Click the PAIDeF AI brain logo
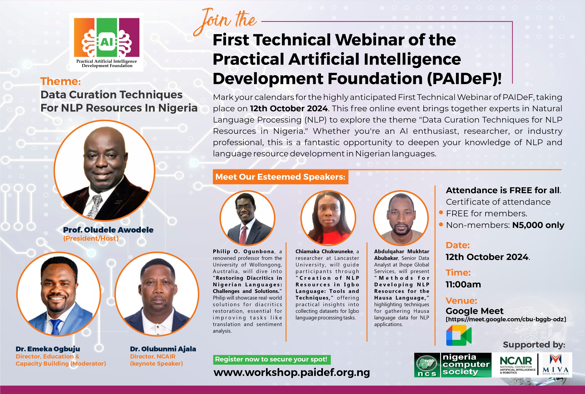[x=107, y=42]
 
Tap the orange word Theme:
[x=60, y=81]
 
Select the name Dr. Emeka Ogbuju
[x=48, y=349]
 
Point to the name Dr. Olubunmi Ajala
[x=163, y=349]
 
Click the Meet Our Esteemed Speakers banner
[x=280, y=177]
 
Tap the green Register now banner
[x=272, y=360]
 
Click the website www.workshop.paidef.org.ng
[x=292, y=372]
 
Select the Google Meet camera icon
[x=459, y=335]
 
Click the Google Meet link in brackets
[x=506, y=319]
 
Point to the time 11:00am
[x=463, y=284]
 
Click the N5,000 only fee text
[x=538, y=225]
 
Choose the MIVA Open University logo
[x=555, y=365]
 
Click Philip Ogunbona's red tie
[x=243, y=235]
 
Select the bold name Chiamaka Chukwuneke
[x=324, y=252]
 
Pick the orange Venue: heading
[x=461, y=300]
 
